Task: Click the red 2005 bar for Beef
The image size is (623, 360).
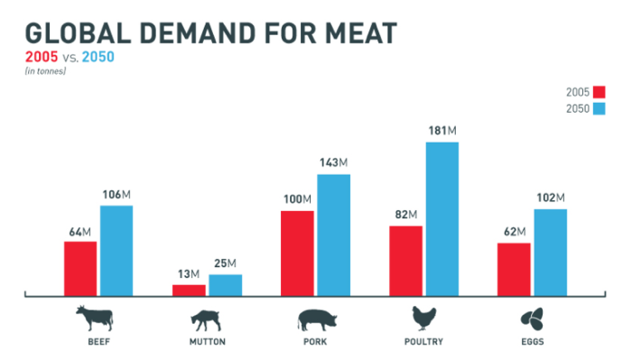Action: point(80,268)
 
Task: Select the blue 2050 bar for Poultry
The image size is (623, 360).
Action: point(442,218)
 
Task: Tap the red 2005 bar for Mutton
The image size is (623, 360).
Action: point(189,290)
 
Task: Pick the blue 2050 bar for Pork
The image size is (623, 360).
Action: point(333,235)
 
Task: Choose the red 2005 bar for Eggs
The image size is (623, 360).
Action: point(514,269)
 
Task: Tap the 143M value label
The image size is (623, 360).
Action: point(333,163)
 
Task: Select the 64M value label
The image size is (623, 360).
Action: point(80,231)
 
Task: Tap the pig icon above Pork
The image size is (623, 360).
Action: point(315,319)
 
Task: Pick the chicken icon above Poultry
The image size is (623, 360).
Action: point(423,318)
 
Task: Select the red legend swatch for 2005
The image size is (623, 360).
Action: point(598,91)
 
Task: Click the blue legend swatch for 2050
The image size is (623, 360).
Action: point(598,108)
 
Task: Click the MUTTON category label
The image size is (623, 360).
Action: point(207,342)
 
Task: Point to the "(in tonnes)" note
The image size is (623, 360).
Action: point(45,70)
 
